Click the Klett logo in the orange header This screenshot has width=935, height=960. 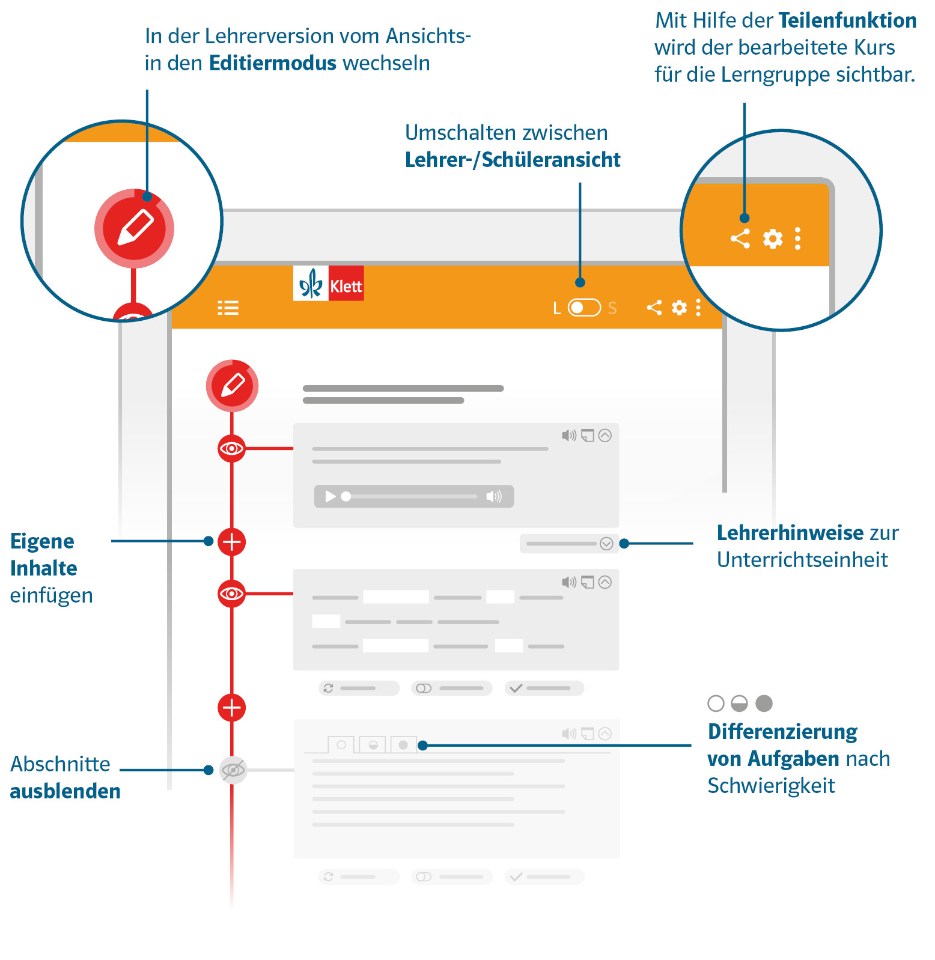coord(328,283)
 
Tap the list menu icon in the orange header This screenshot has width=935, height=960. coord(228,308)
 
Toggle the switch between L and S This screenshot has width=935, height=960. coord(584,308)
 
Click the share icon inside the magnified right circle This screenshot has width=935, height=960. coord(740,238)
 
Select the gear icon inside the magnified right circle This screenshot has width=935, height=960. coord(773,238)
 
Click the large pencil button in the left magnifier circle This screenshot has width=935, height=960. coord(134,228)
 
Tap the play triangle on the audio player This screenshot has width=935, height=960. coord(330,496)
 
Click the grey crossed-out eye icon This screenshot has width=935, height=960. coord(233,770)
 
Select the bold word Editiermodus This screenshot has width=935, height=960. coord(273,63)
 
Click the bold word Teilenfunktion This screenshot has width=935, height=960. coord(848,20)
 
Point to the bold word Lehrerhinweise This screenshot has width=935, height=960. coord(790,533)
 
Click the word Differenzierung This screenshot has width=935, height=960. coord(782,732)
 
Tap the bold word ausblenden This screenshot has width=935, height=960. coord(65,791)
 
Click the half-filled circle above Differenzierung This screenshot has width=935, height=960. coord(739,703)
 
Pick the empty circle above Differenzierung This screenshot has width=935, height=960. coord(716,703)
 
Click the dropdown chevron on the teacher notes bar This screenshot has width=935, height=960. coord(606,544)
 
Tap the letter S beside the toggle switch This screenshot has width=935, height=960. coord(612,308)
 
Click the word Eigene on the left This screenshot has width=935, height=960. coord(42,541)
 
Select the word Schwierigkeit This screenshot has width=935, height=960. coord(771,786)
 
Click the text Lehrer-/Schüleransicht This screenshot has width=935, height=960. coord(513,160)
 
